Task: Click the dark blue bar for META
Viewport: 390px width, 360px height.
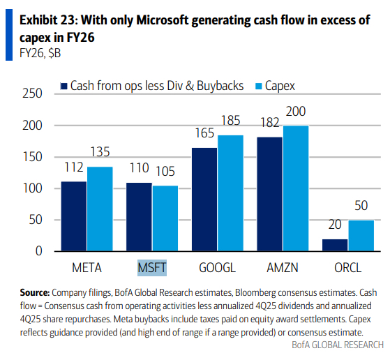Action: coord(74,216)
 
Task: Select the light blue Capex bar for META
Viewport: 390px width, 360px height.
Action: coord(100,209)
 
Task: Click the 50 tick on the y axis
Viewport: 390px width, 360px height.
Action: coord(36,220)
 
